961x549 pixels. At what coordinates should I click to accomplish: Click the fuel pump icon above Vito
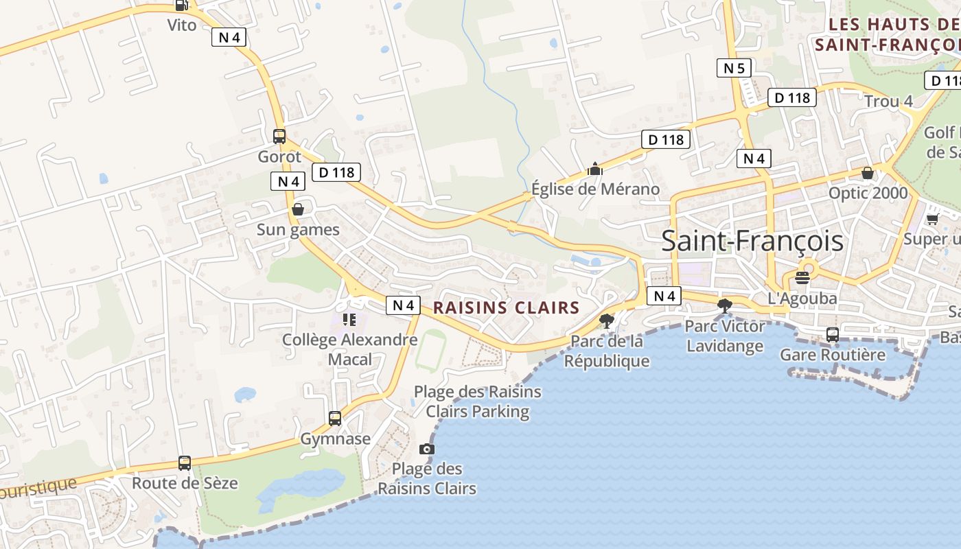tap(181, 5)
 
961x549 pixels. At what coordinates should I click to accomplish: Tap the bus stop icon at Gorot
tap(279, 136)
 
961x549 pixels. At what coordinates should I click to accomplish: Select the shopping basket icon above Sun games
tap(298, 209)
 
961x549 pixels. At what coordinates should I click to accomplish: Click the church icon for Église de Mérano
tap(595, 169)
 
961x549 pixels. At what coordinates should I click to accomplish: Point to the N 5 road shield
tap(734, 68)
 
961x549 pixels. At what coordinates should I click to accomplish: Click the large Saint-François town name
tap(752, 242)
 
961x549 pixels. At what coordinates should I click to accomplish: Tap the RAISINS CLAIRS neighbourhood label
tap(507, 307)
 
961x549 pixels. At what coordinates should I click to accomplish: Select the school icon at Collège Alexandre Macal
tap(349, 320)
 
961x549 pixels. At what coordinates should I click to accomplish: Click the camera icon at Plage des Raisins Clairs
tap(427, 449)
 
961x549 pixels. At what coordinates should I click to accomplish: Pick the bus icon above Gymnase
tap(335, 418)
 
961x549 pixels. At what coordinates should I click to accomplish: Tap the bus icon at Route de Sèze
tap(185, 463)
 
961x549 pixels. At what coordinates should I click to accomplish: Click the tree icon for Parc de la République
tap(606, 320)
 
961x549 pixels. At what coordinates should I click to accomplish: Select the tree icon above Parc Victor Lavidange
tap(724, 306)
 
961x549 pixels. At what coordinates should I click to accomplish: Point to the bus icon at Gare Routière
tap(832, 335)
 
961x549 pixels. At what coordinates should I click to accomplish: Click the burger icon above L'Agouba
tap(802, 278)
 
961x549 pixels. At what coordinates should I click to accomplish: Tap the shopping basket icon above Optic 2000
tap(868, 173)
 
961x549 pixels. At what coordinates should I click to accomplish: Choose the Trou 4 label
tap(888, 102)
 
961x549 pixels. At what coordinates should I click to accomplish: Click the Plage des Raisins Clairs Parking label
tap(477, 401)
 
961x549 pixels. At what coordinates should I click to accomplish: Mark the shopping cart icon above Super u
tap(932, 219)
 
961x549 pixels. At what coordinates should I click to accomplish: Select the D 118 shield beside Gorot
tap(336, 172)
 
